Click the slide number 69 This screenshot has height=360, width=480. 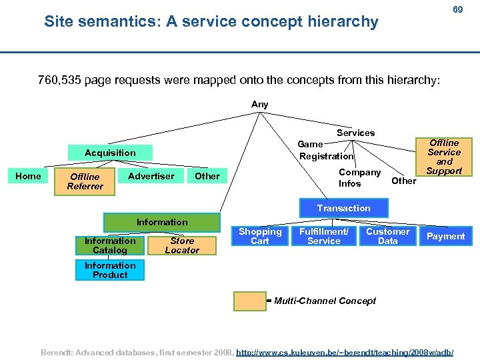[457, 9]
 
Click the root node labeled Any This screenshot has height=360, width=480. [259, 105]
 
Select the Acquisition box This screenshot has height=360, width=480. [110, 153]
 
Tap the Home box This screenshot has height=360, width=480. [28, 176]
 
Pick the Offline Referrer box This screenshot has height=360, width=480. [85, 181]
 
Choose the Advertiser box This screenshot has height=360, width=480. [151, 176]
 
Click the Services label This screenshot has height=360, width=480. [355, 133]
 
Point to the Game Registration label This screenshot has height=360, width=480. [325, 150]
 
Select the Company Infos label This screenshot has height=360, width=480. [359, 178]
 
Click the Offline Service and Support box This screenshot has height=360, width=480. [444, 157]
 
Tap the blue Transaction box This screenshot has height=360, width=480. [343, 208]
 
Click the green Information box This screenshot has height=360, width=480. [162, 222]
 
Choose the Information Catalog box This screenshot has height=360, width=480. [110, 245]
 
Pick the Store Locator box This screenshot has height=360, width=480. [182, 245]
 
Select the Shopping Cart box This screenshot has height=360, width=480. [260, 236]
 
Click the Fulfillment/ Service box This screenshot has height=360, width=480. [324, 236]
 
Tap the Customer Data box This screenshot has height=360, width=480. [387, 236]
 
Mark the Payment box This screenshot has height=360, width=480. [445, 236]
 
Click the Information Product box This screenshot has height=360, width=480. [110, 270]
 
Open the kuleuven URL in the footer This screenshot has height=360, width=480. [345, 351]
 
